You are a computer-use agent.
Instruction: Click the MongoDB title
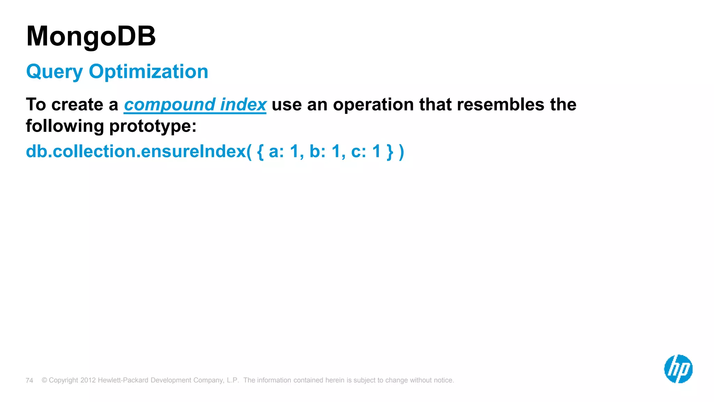point(91,36)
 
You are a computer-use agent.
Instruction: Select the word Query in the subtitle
point(54,72)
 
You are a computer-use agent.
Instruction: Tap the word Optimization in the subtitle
point(149,72)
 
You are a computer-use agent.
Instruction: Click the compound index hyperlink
point(195,105)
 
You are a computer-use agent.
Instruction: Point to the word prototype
point(153,126)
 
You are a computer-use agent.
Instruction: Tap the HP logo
point(678,369)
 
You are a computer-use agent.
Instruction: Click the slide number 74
point(29,380)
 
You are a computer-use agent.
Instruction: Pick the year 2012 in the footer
point(88,380)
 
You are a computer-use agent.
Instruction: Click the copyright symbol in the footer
point(44,380)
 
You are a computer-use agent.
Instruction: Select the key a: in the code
point(276,152)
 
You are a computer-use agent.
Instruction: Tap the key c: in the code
point(358,152)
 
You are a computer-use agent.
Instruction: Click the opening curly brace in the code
point(260,152)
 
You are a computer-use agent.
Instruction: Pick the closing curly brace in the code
point(390,152)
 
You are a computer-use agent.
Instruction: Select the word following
point(65,126)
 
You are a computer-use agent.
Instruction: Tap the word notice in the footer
point(443,380)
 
